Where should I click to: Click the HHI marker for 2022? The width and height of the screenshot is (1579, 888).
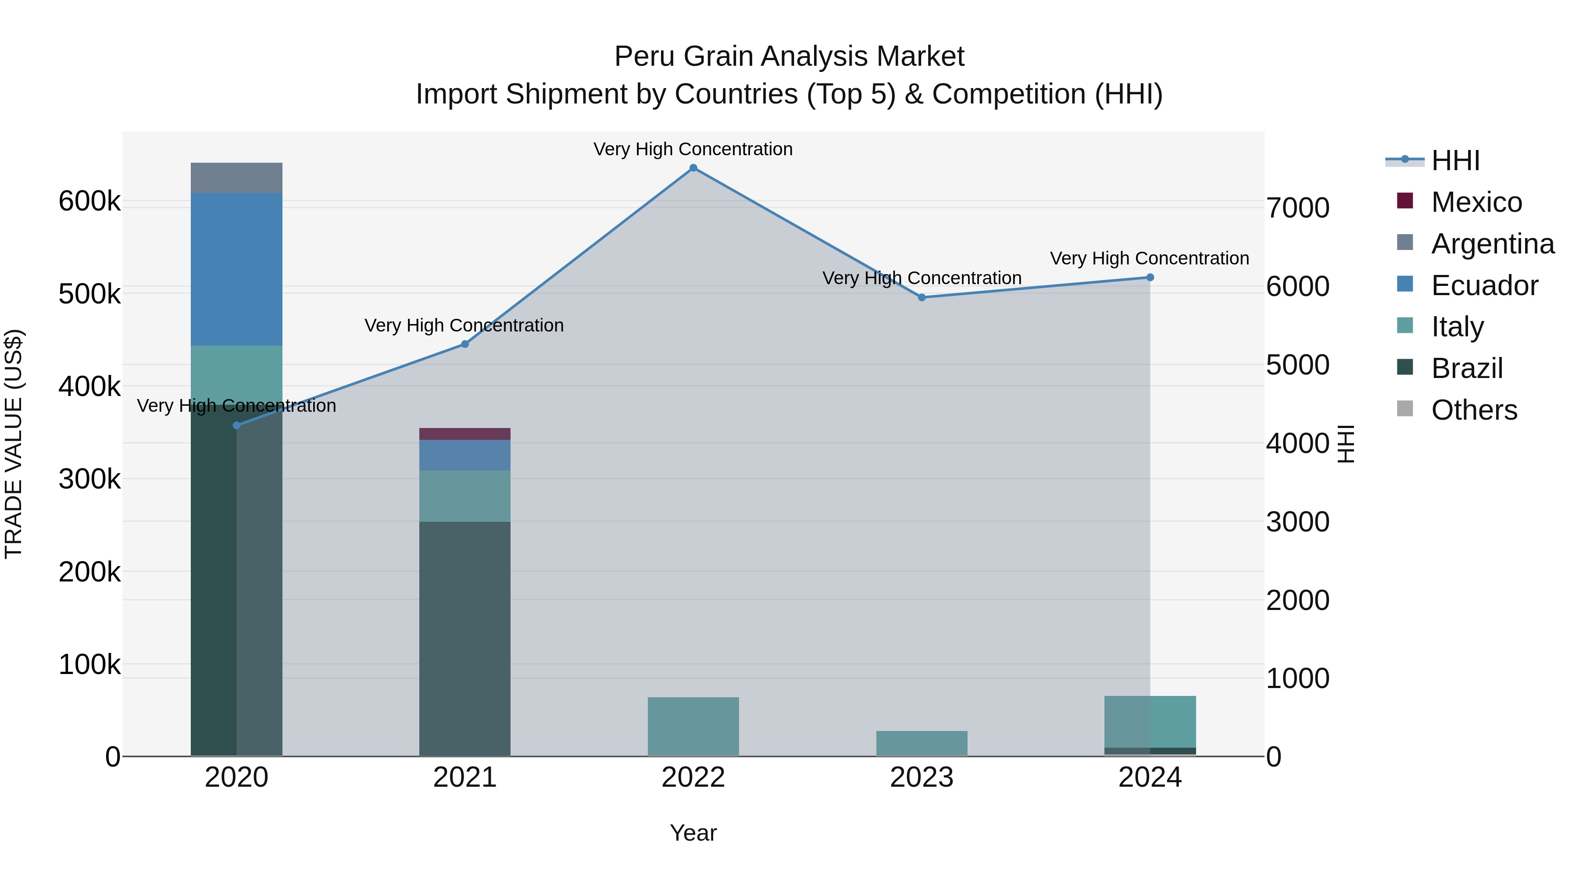click(x=693, y=168)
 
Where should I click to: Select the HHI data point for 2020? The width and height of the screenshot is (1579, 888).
click(x=236, y=425)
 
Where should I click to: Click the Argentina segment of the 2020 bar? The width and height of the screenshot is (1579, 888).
click(x=236, y=178)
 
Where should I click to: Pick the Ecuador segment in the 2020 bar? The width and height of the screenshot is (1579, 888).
click(x=236, y=269)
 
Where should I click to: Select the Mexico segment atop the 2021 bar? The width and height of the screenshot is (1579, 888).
click(x=464, y=434)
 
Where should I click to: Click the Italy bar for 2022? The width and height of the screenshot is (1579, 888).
click(x=693, y=726)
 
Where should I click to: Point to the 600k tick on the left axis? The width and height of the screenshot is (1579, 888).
click(x=89, y=201)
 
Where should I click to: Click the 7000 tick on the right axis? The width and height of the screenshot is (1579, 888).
click(x=1298, y=208)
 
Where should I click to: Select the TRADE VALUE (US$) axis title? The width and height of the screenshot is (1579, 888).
click(x=14, y=444)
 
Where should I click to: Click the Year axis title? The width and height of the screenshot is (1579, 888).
click(x=693, y=833)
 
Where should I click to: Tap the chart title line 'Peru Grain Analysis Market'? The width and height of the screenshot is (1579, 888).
click(x=789, y=57)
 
